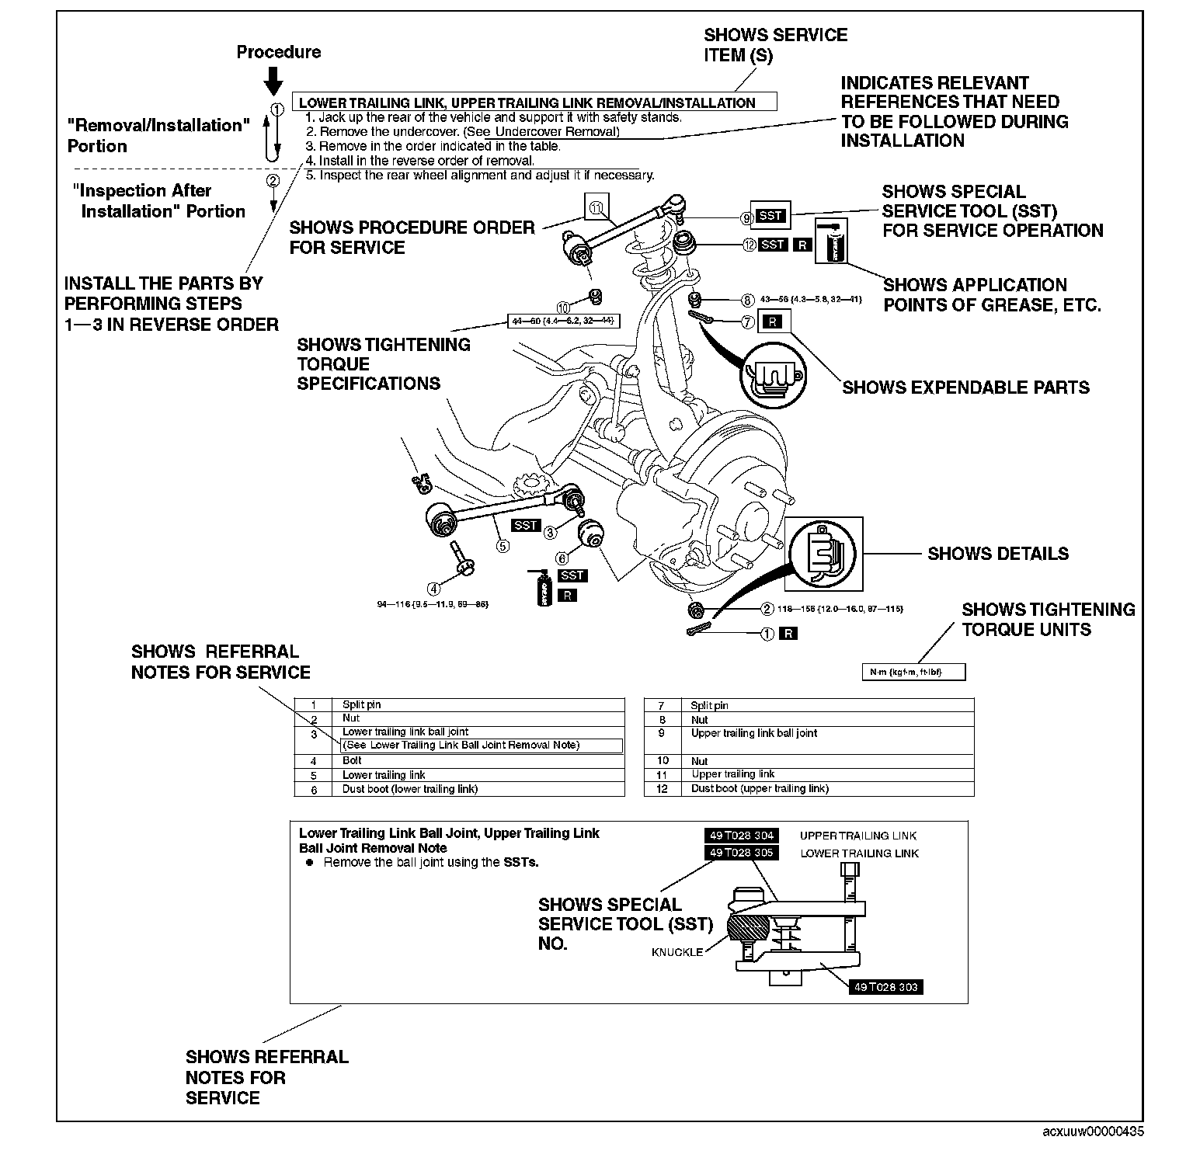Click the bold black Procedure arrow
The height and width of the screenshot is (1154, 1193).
tap(273, 80)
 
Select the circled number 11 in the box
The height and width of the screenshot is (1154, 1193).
tap(596, 208)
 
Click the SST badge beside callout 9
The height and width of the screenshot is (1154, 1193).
tap(770, 217)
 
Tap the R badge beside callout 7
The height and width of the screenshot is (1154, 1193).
tap(771, 321)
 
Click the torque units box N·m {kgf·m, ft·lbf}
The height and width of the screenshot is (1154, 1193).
tap(913, 672)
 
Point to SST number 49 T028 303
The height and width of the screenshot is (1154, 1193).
tap(885, 987)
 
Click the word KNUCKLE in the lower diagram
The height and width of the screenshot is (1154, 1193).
tap(677, 952)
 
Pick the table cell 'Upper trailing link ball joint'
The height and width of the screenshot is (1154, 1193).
tap(754, 733)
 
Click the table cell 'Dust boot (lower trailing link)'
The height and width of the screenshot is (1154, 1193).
tap(410, 789)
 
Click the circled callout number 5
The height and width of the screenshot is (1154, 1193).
tap(503, 546)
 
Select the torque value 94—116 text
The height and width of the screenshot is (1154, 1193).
tap(433, 603)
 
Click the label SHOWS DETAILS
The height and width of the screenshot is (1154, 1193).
tap(998, 554)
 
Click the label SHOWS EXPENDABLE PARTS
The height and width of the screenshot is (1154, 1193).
tap(965, 388)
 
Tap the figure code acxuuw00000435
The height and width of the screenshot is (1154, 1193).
tap(1093, 1131)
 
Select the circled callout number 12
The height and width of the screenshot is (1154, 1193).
tap(749, 245)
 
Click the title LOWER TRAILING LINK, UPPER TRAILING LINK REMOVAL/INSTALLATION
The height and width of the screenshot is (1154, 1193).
tap(527, 103)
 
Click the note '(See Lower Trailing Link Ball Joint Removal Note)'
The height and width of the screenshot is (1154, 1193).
tap(461, 746)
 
